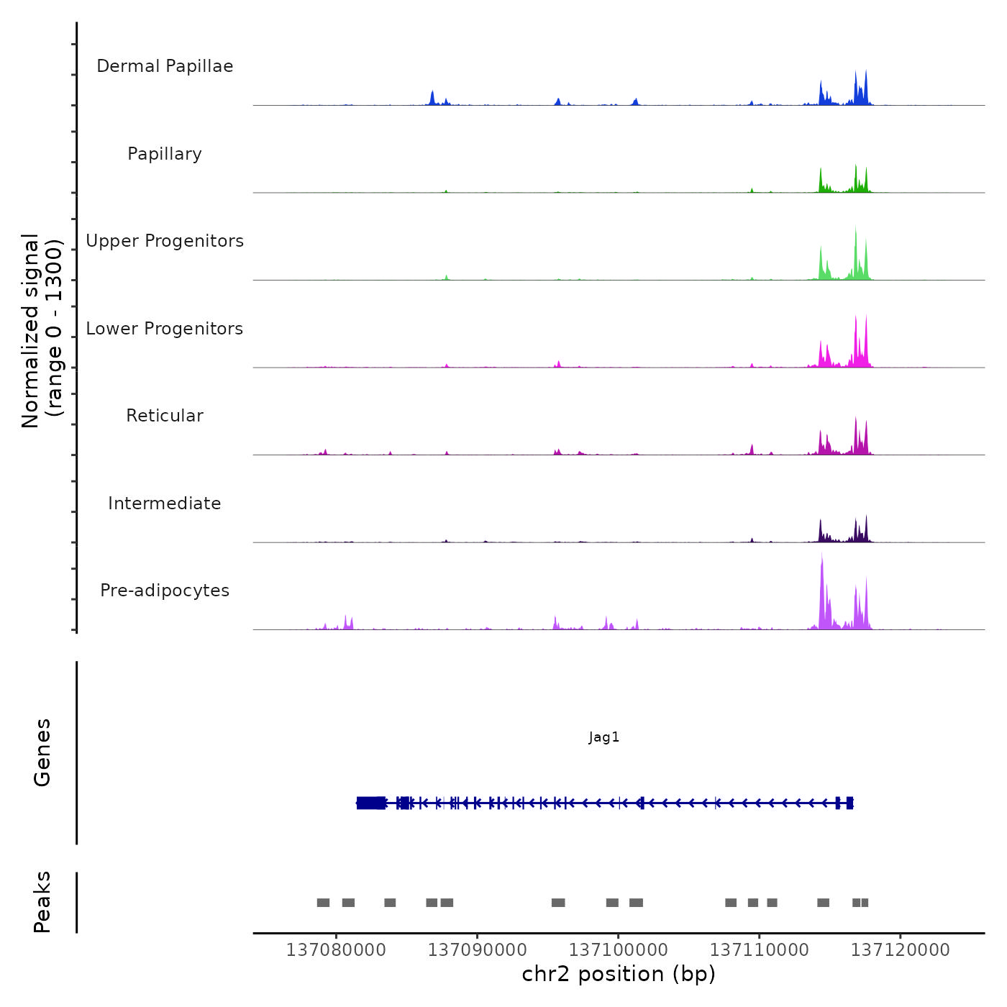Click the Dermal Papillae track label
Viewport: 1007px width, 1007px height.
tap(165, 66)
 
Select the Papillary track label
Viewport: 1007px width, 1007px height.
tap(165, 154)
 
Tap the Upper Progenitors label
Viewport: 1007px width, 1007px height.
tap(165, 241)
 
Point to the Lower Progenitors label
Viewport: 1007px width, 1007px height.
tap(165, 329)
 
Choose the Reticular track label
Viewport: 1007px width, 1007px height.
tap(165, 416)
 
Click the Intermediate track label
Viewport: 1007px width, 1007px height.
tap(165, 503)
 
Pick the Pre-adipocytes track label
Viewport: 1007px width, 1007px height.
tap(165, 591)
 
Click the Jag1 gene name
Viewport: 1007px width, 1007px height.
tap(603, 737)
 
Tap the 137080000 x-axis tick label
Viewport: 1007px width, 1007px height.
tap(336, 950)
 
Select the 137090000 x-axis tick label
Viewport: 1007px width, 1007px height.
tap(477, 950)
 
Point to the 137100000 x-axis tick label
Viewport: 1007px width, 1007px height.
tap(618, 950)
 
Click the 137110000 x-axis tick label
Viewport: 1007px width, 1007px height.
tap(759, 950)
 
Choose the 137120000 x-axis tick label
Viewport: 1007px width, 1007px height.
tap(900, 950)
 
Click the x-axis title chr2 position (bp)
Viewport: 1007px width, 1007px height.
tap(619, 974)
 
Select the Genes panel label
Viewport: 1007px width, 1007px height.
tap(42, 752)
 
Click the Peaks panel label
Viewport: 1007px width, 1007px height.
tap(42, 902)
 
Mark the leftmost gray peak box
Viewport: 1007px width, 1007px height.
tap(323, 903)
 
